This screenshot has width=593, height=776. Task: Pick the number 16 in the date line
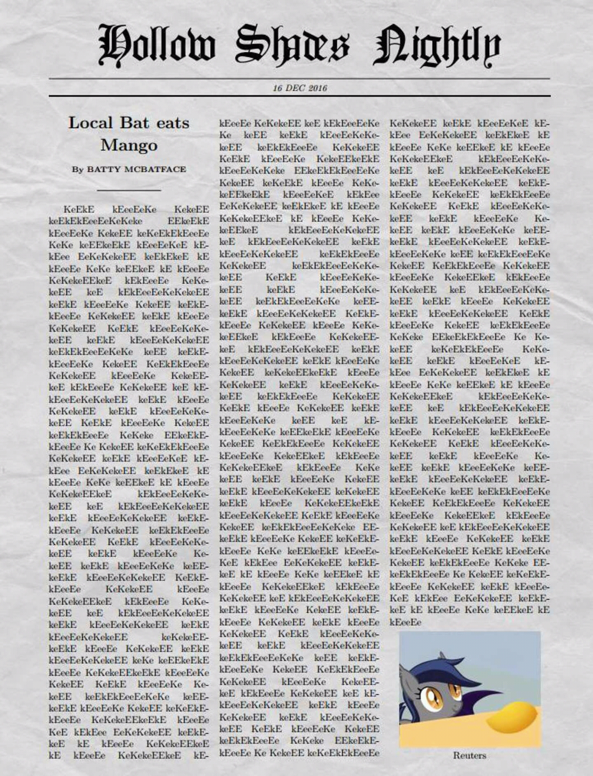(x=277, y=88)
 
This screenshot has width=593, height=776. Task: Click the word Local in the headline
(x=90, y=123)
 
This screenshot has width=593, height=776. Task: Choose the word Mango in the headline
(x=129, y=145)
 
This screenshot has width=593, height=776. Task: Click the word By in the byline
(x=77, y=170)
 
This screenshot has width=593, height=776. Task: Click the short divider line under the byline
(x=129, y=191)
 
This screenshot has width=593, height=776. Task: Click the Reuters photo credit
(x=469, y=755)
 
